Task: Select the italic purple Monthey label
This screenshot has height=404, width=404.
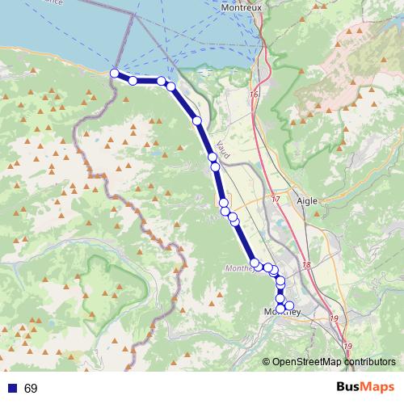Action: click(239, 268)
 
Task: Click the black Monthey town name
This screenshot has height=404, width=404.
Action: click(282, 313)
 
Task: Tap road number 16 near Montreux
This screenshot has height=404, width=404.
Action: click(254, 95)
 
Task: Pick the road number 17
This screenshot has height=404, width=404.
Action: click(275, 199)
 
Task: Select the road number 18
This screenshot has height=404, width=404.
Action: click(306, 265)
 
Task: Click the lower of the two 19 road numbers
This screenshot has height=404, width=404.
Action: click(348, 346)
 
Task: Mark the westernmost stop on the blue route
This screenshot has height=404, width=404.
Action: click(115, 74)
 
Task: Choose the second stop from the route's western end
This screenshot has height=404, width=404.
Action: click(133, 80)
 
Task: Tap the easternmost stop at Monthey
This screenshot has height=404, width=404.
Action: click(289, 305)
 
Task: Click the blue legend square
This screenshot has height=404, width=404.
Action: click(11, 389)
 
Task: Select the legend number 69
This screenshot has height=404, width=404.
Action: click(31, 389)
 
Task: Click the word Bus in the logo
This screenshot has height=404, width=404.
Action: click(350, 388)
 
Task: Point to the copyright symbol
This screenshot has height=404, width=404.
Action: click(267, 361)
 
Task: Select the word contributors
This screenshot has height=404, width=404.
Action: click(368, 361)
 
